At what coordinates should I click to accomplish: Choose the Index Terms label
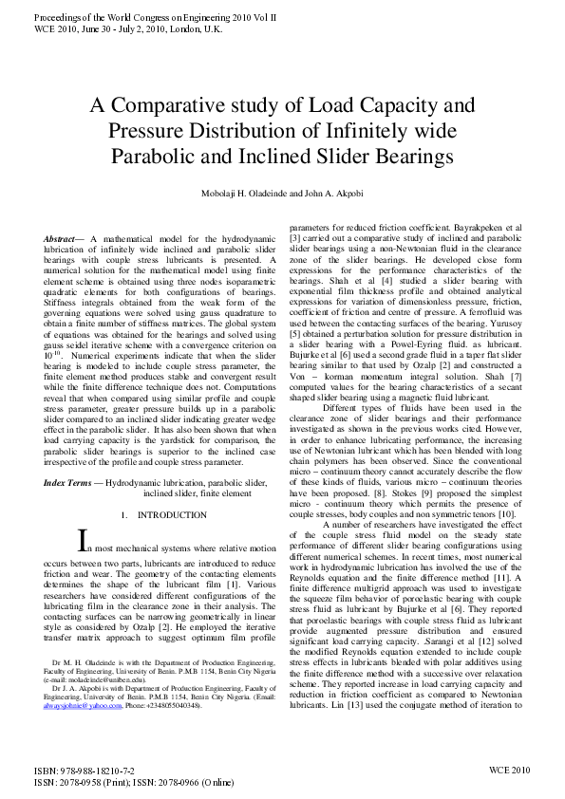point(72,484)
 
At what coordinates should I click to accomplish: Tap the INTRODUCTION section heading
point(171,515)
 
